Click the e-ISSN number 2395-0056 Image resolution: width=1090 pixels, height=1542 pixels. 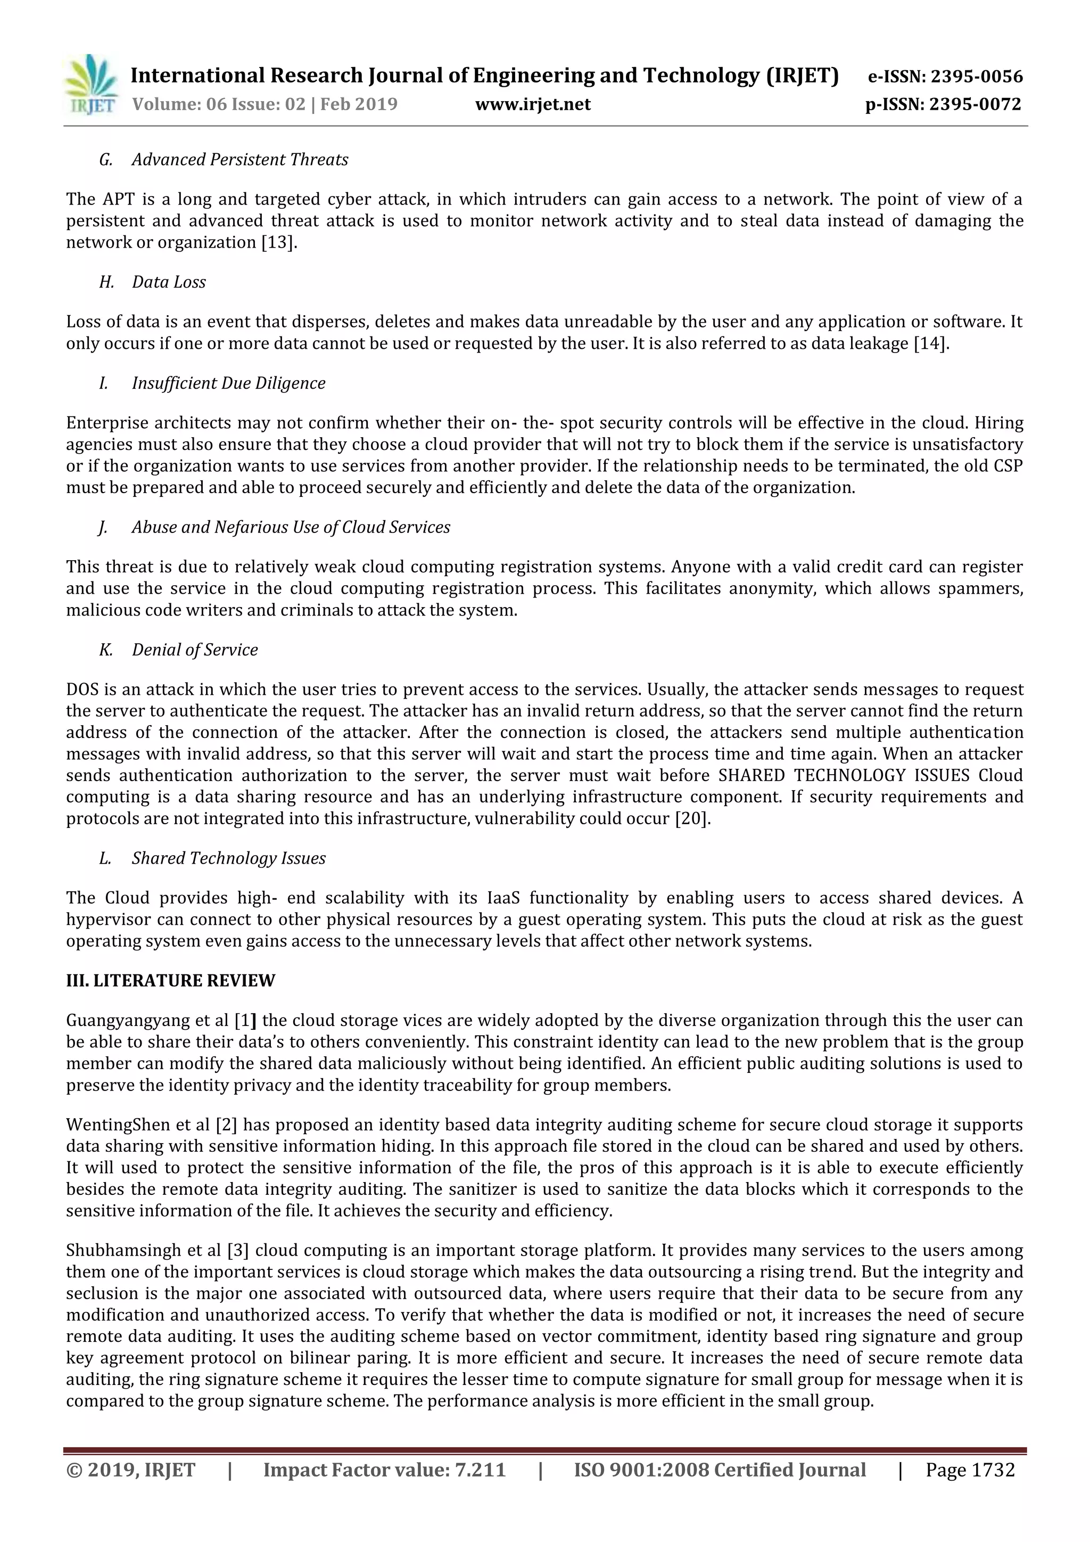[977, 77]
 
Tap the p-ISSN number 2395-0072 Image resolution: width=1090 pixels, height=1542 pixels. [975, 105]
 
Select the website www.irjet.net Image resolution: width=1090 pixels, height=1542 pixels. [532, 105]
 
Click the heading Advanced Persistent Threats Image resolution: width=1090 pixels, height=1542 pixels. [240, 160]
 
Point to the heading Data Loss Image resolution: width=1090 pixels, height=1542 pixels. [169, 282]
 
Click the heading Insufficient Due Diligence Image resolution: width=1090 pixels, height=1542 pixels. [228, 383]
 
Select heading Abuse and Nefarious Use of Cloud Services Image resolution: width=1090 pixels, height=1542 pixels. [291, 527]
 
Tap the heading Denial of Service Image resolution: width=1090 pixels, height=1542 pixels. [195, 650]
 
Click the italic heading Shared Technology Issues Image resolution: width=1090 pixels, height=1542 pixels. [228, 858]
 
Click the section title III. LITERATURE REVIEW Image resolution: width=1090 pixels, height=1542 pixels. [170, 981]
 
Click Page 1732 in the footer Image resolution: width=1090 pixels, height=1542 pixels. [970, 1470]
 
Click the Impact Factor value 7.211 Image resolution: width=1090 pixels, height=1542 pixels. [480, 1470]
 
